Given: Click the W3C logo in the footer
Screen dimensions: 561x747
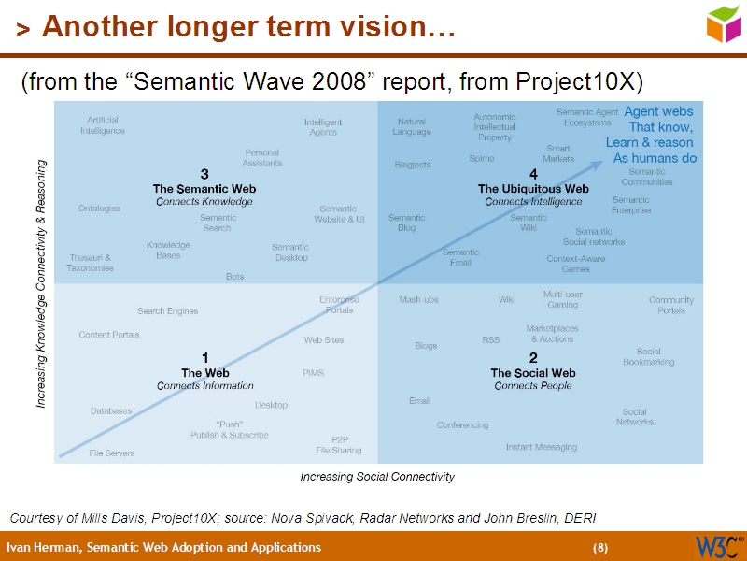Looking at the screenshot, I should click(718, 546).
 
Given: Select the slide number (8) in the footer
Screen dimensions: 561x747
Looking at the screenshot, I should click(599, 547).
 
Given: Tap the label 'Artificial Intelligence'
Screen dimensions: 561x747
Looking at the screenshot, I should click(102, 125).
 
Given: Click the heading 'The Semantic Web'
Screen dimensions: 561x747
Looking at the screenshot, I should click(204, 188).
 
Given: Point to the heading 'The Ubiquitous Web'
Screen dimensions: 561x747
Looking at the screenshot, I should click(533, 188).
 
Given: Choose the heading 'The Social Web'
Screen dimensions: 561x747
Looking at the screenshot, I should click(533, 373).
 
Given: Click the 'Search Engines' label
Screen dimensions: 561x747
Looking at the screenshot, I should click(167, 311).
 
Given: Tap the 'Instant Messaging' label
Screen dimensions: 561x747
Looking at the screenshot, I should click(542, 447).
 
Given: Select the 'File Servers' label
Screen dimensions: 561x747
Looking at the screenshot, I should click(112, 453).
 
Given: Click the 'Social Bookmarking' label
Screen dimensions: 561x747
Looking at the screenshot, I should click(648, 356).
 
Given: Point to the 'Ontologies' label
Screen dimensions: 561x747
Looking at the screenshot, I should click(99, 209).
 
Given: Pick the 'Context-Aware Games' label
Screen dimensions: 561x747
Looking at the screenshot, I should click(575, 264).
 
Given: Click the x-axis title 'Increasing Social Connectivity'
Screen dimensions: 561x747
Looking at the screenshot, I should click(377, 477).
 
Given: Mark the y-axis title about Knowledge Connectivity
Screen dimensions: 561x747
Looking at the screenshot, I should click(41, 283).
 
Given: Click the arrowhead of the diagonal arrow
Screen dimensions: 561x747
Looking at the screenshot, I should click(597, 165).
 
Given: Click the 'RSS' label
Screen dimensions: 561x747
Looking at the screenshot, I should click(490, 340).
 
